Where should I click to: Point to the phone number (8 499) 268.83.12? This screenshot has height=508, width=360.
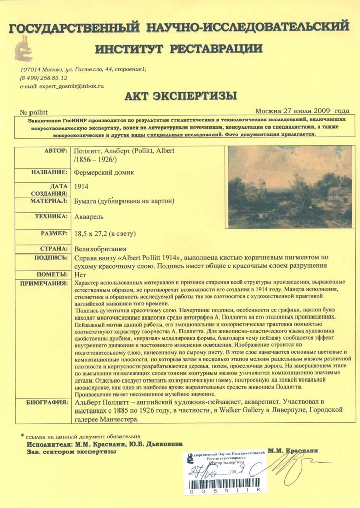44,78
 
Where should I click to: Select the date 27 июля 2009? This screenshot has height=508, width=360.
307,111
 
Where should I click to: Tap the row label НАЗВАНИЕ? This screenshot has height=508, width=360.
49,172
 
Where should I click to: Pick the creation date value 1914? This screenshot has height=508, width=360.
81,187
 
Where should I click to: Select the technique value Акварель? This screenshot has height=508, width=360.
89,217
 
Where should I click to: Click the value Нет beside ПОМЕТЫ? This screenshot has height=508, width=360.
79,275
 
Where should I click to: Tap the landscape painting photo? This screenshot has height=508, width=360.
289,187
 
